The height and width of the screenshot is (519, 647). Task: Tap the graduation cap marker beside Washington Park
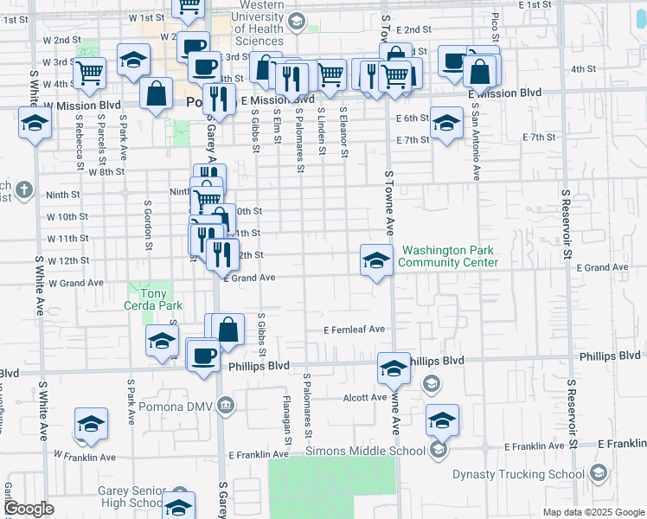tap(376, 260)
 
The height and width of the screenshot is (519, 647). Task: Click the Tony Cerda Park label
tap(156, 299)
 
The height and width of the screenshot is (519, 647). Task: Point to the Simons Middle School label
tap(365, 450)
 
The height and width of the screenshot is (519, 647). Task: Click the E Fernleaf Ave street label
tap(354, 330)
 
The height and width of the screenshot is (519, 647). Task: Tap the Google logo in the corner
tap(29, 509)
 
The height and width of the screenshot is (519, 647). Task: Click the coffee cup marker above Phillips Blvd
tap(204, 356)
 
